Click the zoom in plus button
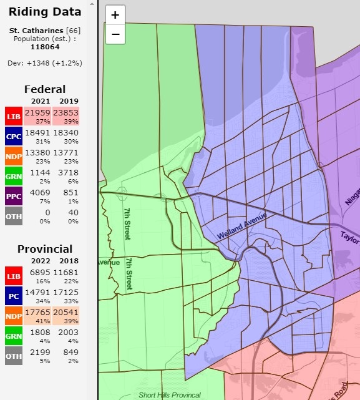click(115, 16)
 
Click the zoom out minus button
click(115, 34)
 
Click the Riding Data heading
click(44, 12)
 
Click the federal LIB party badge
click(13, 117)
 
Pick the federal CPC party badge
click(13, 137)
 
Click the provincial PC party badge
click(13, 295)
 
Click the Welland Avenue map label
click(241, 226)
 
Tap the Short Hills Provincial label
click(170, 395)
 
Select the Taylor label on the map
click(349, 236)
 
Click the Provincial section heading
click(44, 248)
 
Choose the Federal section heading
click(44, 89)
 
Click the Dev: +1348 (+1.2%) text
click(44, 63)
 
